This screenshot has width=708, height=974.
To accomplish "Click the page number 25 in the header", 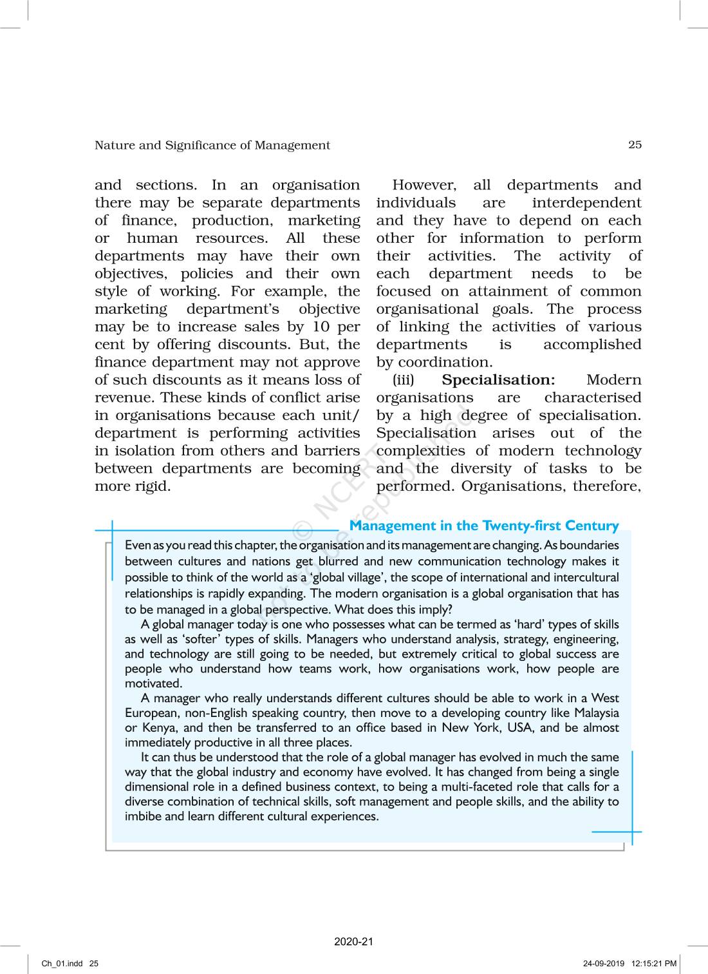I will click(x=635, y=145).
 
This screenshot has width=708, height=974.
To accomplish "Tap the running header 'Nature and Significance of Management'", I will click(x=212, y=146).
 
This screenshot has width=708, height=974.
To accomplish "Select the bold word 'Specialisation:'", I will click(x=498, y=380).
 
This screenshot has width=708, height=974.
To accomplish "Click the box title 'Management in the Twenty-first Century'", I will click(x=484, y=526).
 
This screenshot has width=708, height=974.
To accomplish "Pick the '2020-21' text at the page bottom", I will click(x=353, y=942).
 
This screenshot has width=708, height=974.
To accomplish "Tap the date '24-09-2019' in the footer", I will click(x=604, y=964).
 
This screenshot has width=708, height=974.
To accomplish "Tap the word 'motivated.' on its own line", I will click(x=154, y=683).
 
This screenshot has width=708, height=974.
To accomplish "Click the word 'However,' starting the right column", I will click(x=424, y=186).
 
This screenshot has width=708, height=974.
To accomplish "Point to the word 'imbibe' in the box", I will click(x=142, y=817).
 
